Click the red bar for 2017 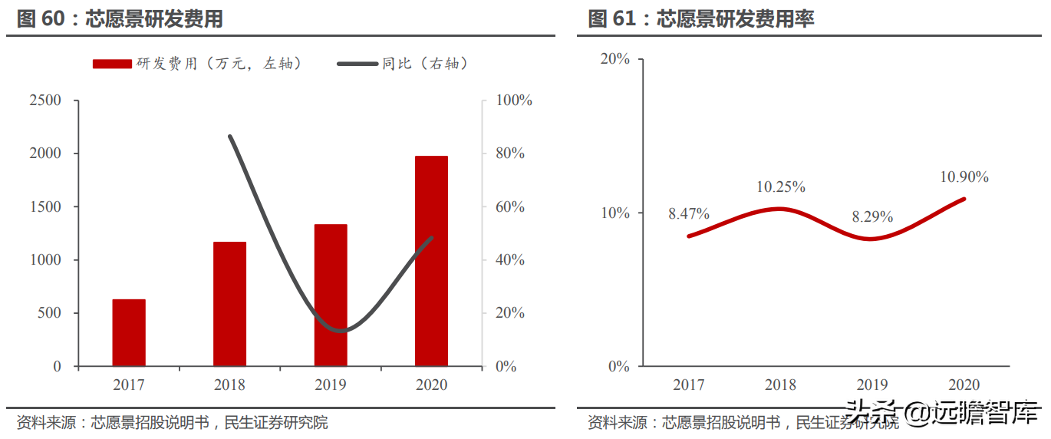pos(129,332)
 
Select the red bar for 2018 pos(229,304)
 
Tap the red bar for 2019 pos(331,295)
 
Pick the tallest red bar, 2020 pos(431,261)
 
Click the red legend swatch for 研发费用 pos(112,64)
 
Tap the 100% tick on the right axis pos(514,101)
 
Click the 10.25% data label pos(781,186)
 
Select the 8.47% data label pos(688,214)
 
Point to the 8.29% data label pos(872,217)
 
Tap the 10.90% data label pos(964,177)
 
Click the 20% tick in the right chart pos(614,59)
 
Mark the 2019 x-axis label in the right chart pos(872,385)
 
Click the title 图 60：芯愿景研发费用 pos(120,19)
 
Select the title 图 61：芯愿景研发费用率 pos(700,19)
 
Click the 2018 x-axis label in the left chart pos(229,385)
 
